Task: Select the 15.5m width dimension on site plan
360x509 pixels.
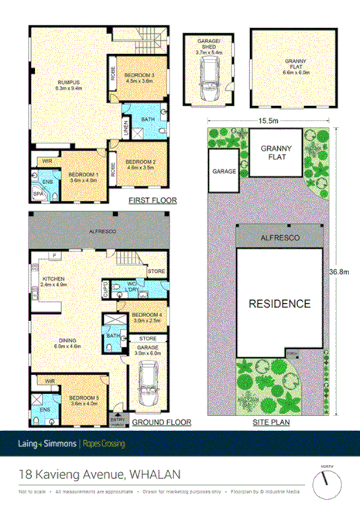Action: tap(269, 121)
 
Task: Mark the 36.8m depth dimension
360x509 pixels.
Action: tap(339, 272)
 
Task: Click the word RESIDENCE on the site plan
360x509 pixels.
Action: tap(279, 304)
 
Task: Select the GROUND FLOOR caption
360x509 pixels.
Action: tap(161, 423)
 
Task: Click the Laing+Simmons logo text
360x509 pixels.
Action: tap(45, 444)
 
